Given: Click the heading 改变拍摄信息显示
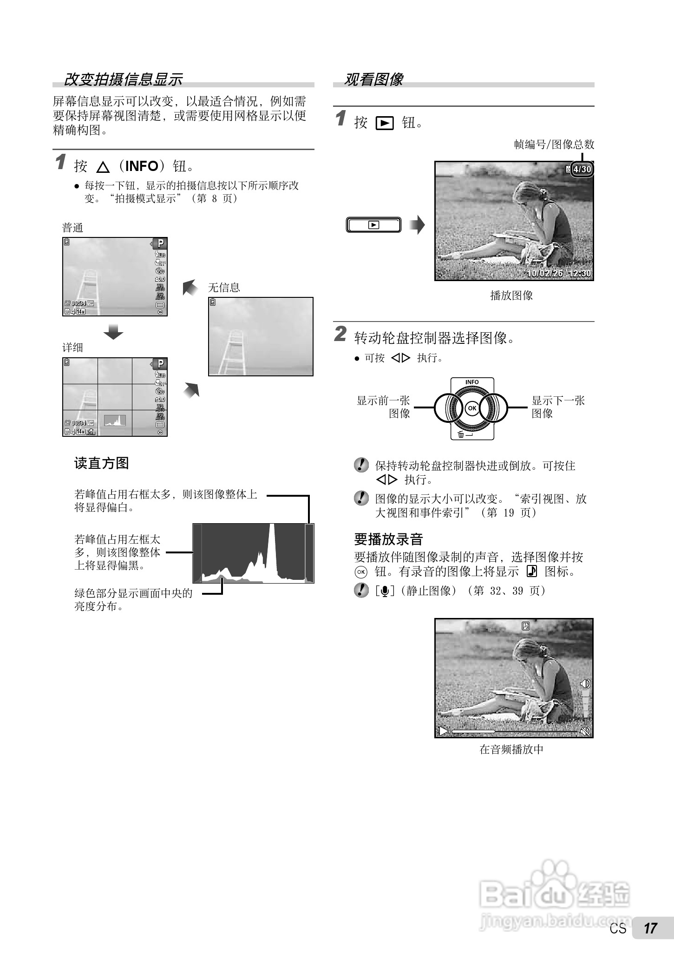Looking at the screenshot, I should pyautogui.click(x=123, y=79).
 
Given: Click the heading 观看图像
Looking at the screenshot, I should pyautogui.click(x=373, y=79).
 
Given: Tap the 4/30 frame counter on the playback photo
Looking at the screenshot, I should pyautogui.click(x=582, y=169).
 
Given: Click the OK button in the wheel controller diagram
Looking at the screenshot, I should pyautogui.click(x=471, y=408).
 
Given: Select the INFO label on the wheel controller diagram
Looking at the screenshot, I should pyautogui.click(x=471, y=382).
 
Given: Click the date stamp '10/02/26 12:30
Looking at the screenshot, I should pyautogui.click(x=558, y=274).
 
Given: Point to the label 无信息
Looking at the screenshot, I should pyautogui.click(x=224, y=288).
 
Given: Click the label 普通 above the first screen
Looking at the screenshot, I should pyautogui.click(x=73, y=228).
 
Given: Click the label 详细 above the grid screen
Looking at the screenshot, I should pyautogui.click(x=73, y=348).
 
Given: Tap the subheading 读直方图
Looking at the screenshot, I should pyautogui.click(x=101, y=463).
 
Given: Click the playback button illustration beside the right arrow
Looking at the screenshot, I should pyautogui.click(x=373, y=225).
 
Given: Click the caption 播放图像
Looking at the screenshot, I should pyautogui.click(x=511, y=296).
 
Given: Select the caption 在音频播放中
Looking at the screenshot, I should pyautogui.click(x=511, y=749).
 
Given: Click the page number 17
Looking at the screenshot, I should pyautogui.click(x=650, y=941).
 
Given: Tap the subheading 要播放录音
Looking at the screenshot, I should pyautogui.click(x=388, y=539).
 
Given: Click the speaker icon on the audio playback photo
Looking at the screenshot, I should pyautogui.click(x=585, y=683).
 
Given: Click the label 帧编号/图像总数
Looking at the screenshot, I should pyautogui.click(x=554, y=145).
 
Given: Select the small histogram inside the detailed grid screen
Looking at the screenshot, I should pyautogui.click(x=115, y=420).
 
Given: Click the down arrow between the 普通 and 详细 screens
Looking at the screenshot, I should pyautogui.click(x=113, y=332).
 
